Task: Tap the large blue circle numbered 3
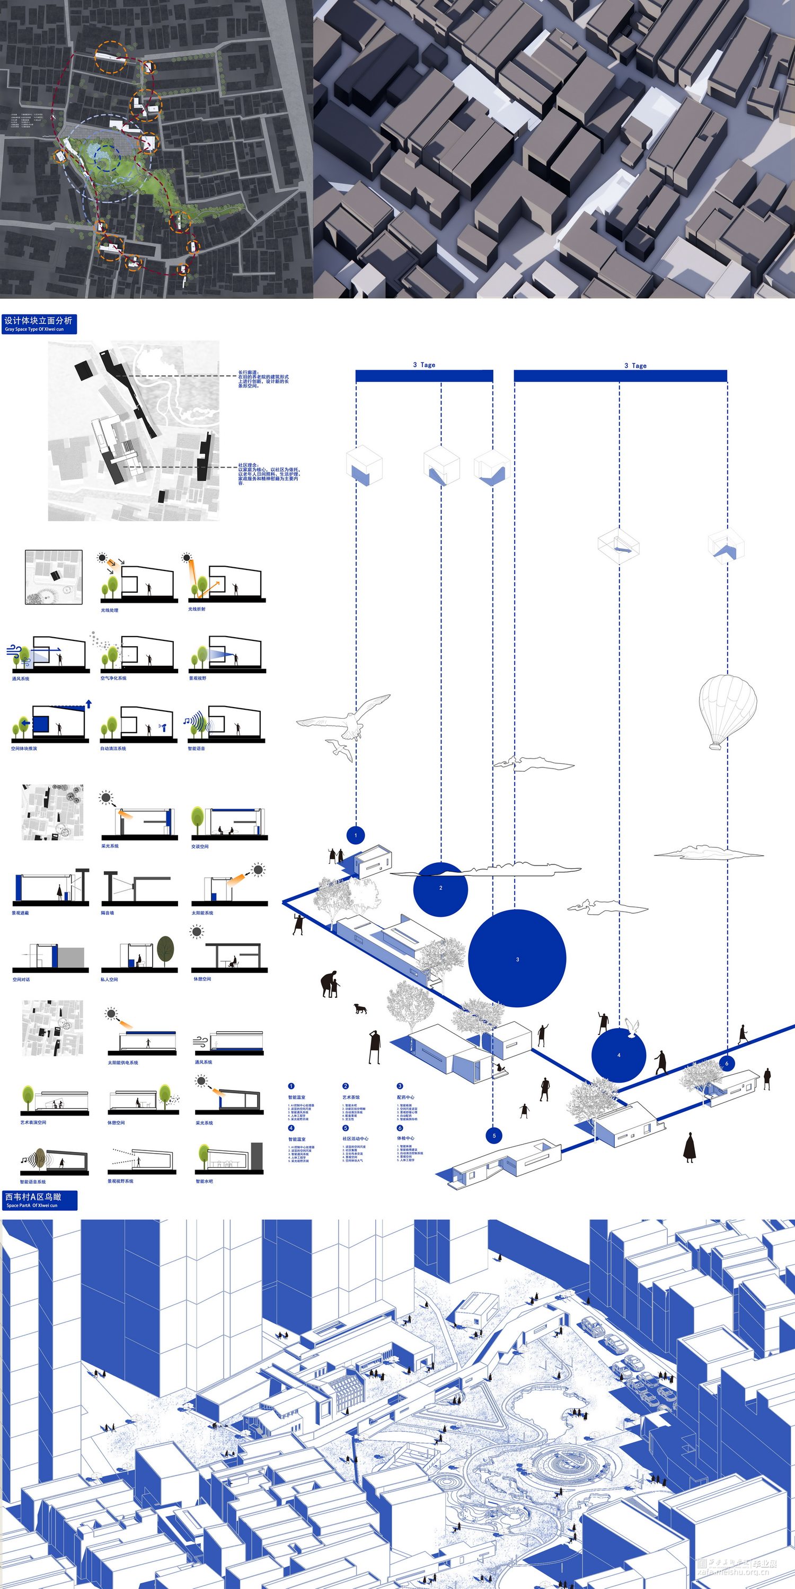[x=517, y=958]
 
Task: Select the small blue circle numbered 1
[x=356, y=835]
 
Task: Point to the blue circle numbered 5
[x=494, y=1135]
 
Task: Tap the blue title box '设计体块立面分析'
[x=38, y=323]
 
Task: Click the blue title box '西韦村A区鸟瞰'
[x=39, y=1200]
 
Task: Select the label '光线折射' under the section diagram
[x=197, y=609]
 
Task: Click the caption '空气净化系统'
[x=113, y=678]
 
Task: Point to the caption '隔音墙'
[x=108, y=912]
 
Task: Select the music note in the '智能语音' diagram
[x=186, y=720]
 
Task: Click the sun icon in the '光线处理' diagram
[x=101, y=558]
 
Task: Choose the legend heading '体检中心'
[x=405, y=1138]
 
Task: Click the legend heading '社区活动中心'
[x=356, y=1139]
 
